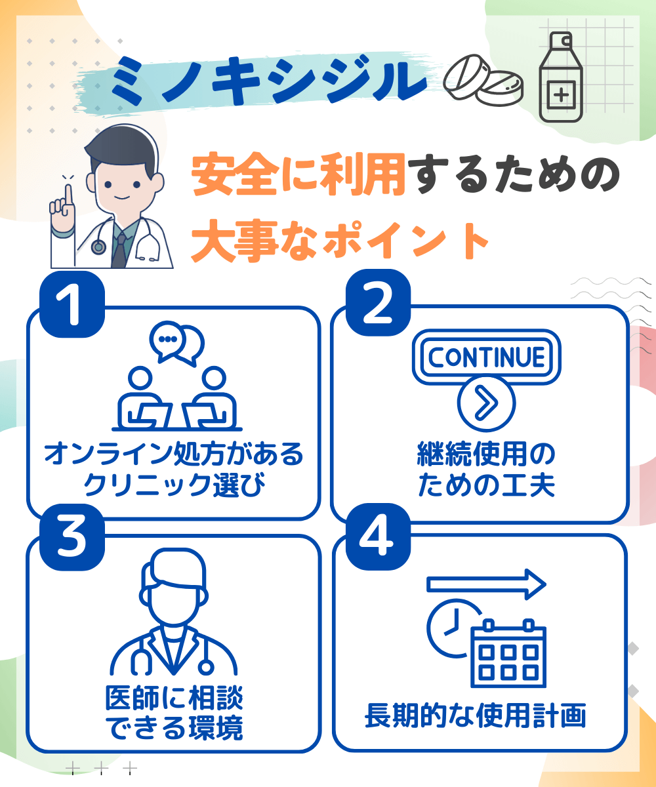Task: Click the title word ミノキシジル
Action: point(269,80)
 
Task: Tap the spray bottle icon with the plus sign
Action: point(561,77)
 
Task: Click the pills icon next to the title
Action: point(483,80)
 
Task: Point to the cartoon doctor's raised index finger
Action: point(68,196)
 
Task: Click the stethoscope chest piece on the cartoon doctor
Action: point(98,247)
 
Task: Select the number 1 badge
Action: point(72,304)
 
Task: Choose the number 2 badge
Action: point(378,302)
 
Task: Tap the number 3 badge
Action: point(72,537)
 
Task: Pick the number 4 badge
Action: point(378,536)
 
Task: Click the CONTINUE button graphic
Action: point(486,357)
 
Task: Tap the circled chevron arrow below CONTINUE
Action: point(486,403)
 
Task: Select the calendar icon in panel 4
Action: point(508,654)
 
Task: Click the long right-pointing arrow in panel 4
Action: point(486,584)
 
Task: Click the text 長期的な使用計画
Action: point(476,716)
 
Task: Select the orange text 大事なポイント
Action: point(340,241)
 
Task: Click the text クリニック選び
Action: point(174,485)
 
